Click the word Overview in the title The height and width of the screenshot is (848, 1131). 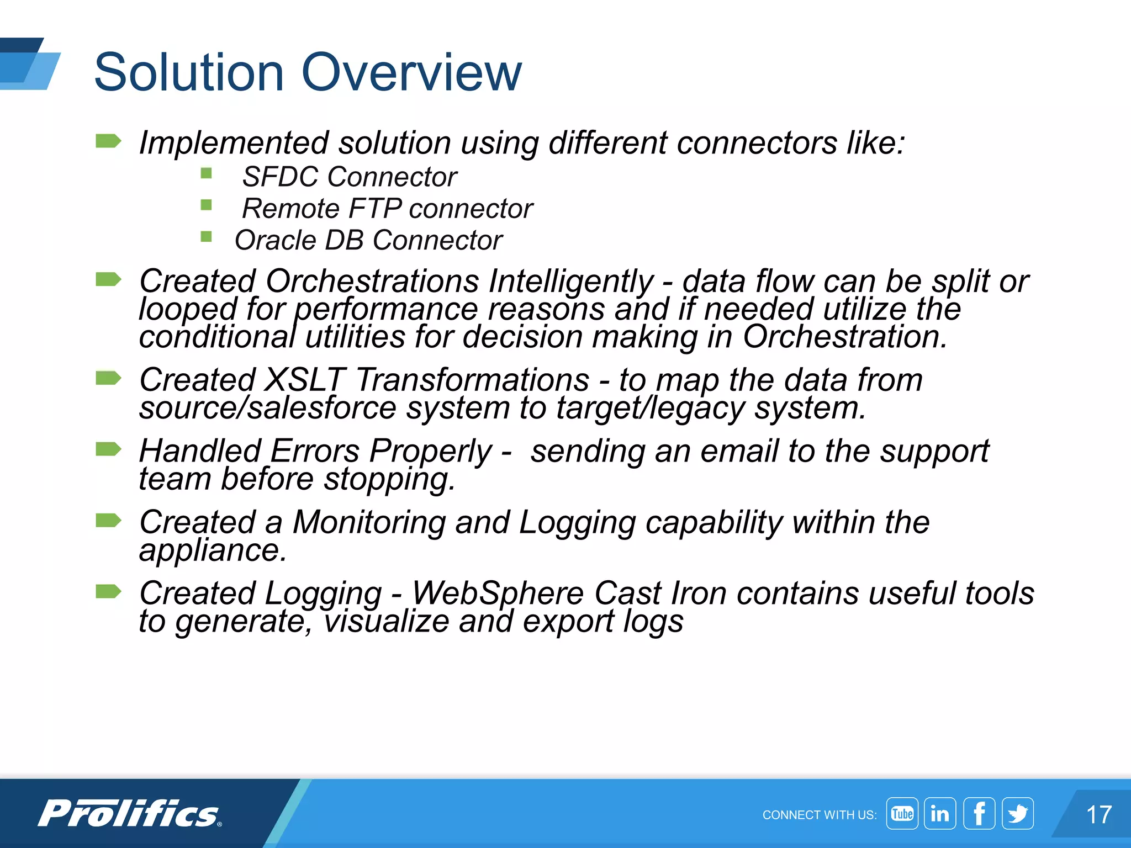411,72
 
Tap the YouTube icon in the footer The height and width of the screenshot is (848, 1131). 902,813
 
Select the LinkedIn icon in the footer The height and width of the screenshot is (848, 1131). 939,813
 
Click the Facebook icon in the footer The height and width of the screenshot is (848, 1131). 979,813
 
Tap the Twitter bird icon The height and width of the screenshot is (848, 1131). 1018,813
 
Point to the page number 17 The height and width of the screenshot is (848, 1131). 1098,815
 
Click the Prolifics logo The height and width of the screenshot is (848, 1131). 130,813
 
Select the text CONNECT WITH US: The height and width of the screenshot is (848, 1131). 819,815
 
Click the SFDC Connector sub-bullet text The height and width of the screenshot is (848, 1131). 349,177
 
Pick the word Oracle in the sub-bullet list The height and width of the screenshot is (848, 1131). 274,241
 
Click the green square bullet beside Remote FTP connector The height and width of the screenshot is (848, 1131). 207,205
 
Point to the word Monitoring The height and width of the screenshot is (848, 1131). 368,522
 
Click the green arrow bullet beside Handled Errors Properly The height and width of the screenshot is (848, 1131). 108,449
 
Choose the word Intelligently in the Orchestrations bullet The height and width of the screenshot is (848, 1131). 571,282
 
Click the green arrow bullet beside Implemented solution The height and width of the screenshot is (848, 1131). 108,141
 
